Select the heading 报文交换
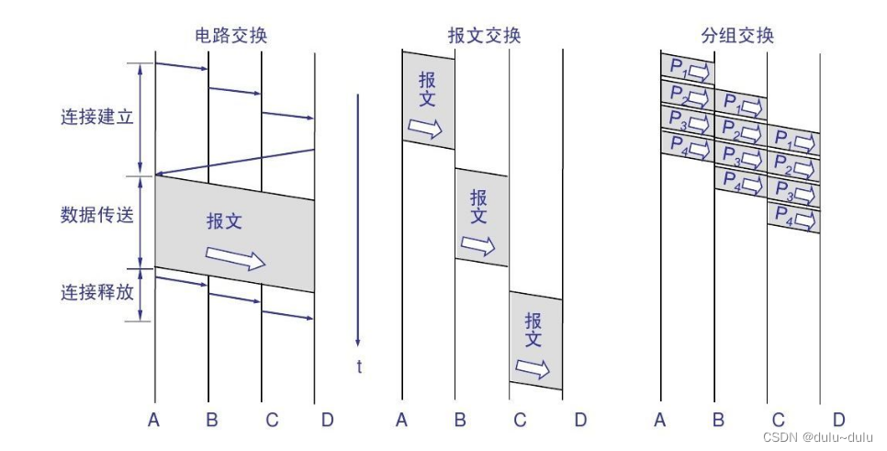[484, 36]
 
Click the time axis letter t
[359, 366]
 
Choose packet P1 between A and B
[687, 68]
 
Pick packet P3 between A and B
[687, 119]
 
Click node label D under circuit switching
[328, 421]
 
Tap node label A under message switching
[401, 421]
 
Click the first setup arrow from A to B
[182, 66]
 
